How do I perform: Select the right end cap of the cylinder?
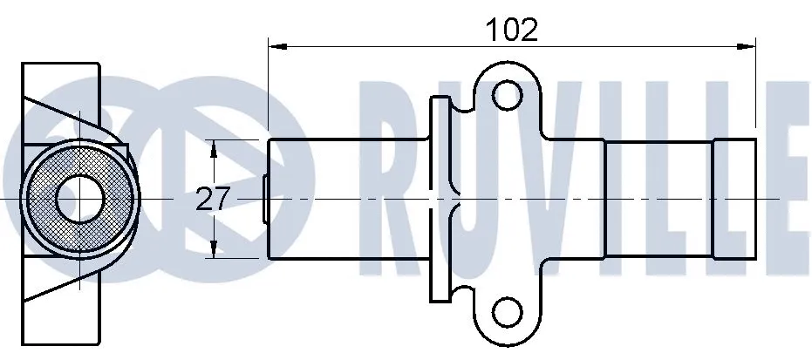(734, 199)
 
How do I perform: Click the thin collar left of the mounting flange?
(439, 199)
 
